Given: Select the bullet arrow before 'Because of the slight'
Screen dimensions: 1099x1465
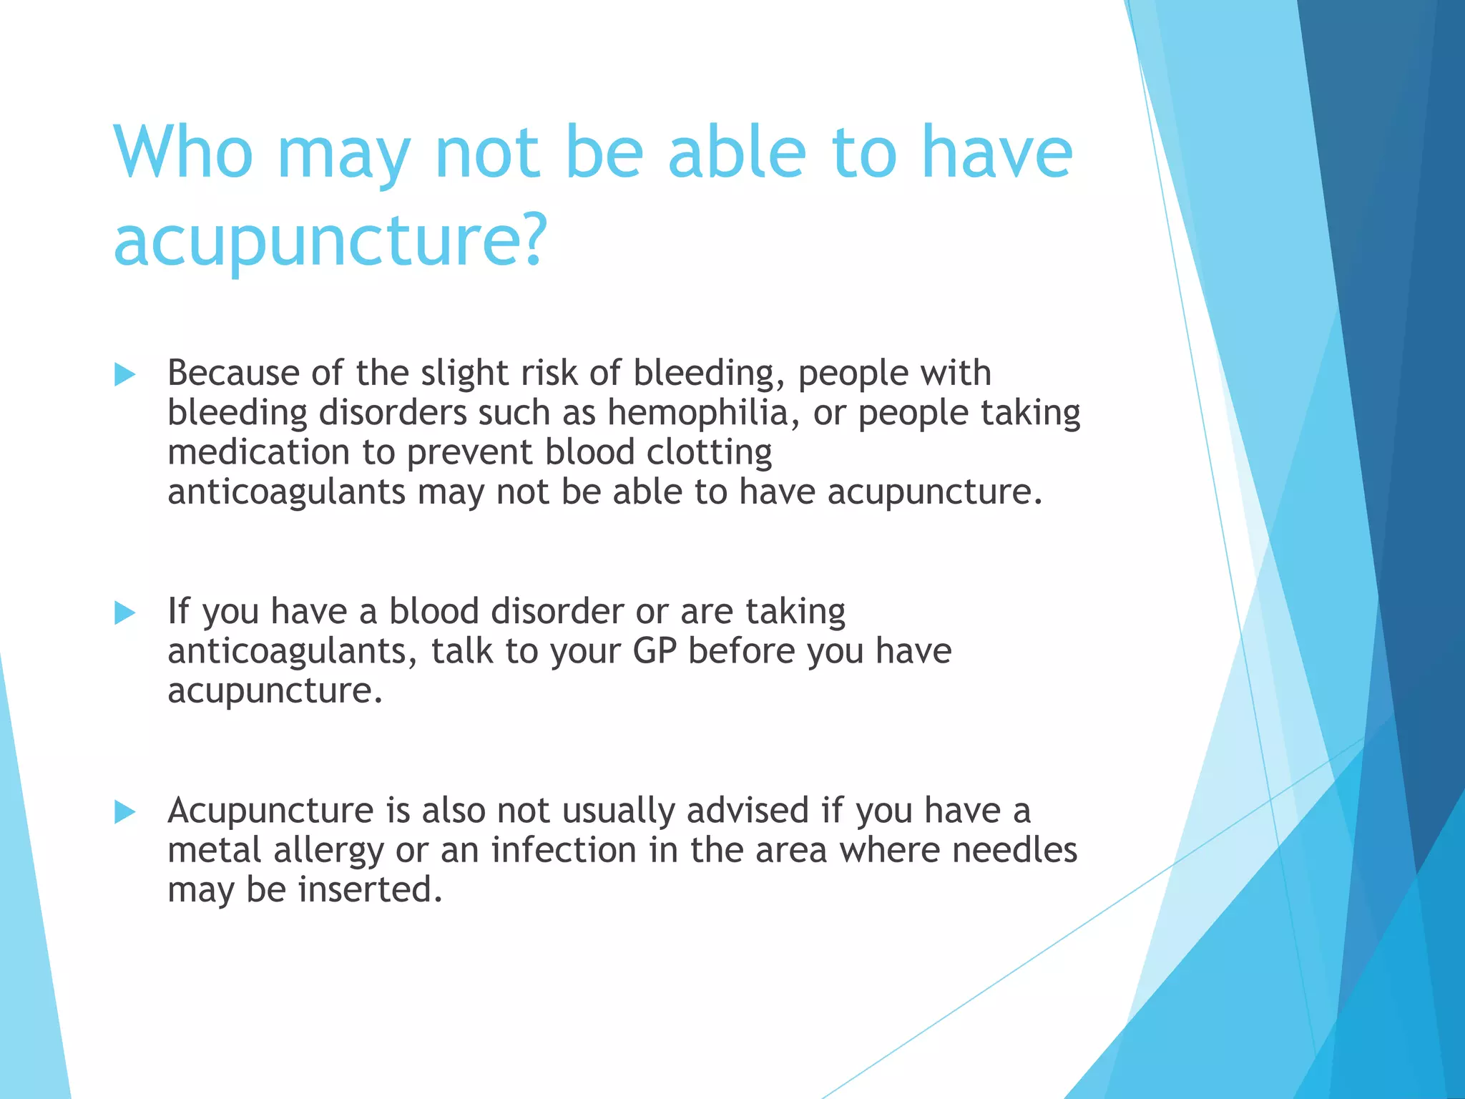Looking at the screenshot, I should pos(124,374).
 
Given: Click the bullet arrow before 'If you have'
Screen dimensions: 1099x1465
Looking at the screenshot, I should pos(124,612).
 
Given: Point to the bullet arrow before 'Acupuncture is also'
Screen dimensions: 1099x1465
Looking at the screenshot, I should pos(124,811).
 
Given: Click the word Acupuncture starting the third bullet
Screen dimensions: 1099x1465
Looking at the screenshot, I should pos(270,811).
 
